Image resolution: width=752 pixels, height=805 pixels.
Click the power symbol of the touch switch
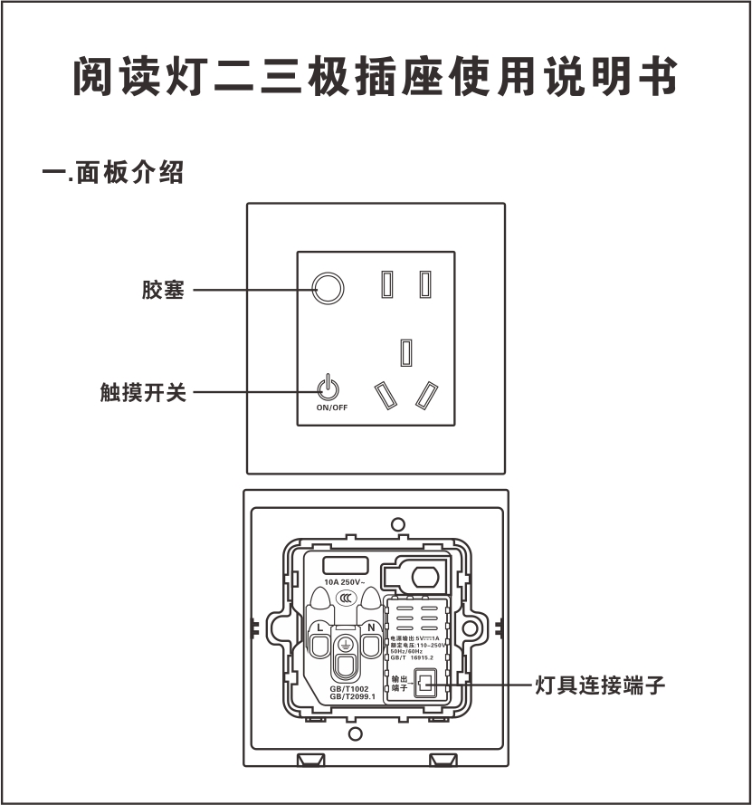tap(328, 388)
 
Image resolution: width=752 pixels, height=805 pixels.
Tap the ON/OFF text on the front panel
tap(331, 408)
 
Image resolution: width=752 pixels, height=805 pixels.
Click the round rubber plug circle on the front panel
tap(328, 289)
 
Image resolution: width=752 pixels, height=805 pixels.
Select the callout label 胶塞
tap(163, 290)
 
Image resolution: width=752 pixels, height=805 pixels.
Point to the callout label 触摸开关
tap(142, 393)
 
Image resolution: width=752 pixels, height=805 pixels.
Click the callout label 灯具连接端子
tap(599, 685)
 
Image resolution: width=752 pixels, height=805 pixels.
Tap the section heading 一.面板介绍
tap(113, 173)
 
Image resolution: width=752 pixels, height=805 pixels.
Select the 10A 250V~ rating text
tap(345, 581)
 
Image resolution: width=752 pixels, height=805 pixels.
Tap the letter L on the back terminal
tap(319, 628)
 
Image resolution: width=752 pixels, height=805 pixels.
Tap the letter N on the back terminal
tap(370, 628)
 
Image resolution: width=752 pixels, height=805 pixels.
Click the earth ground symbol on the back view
tap(345, 645)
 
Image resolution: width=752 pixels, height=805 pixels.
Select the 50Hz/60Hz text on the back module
tap(407, 651)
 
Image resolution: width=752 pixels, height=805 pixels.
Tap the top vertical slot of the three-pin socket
tap(406, 351)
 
